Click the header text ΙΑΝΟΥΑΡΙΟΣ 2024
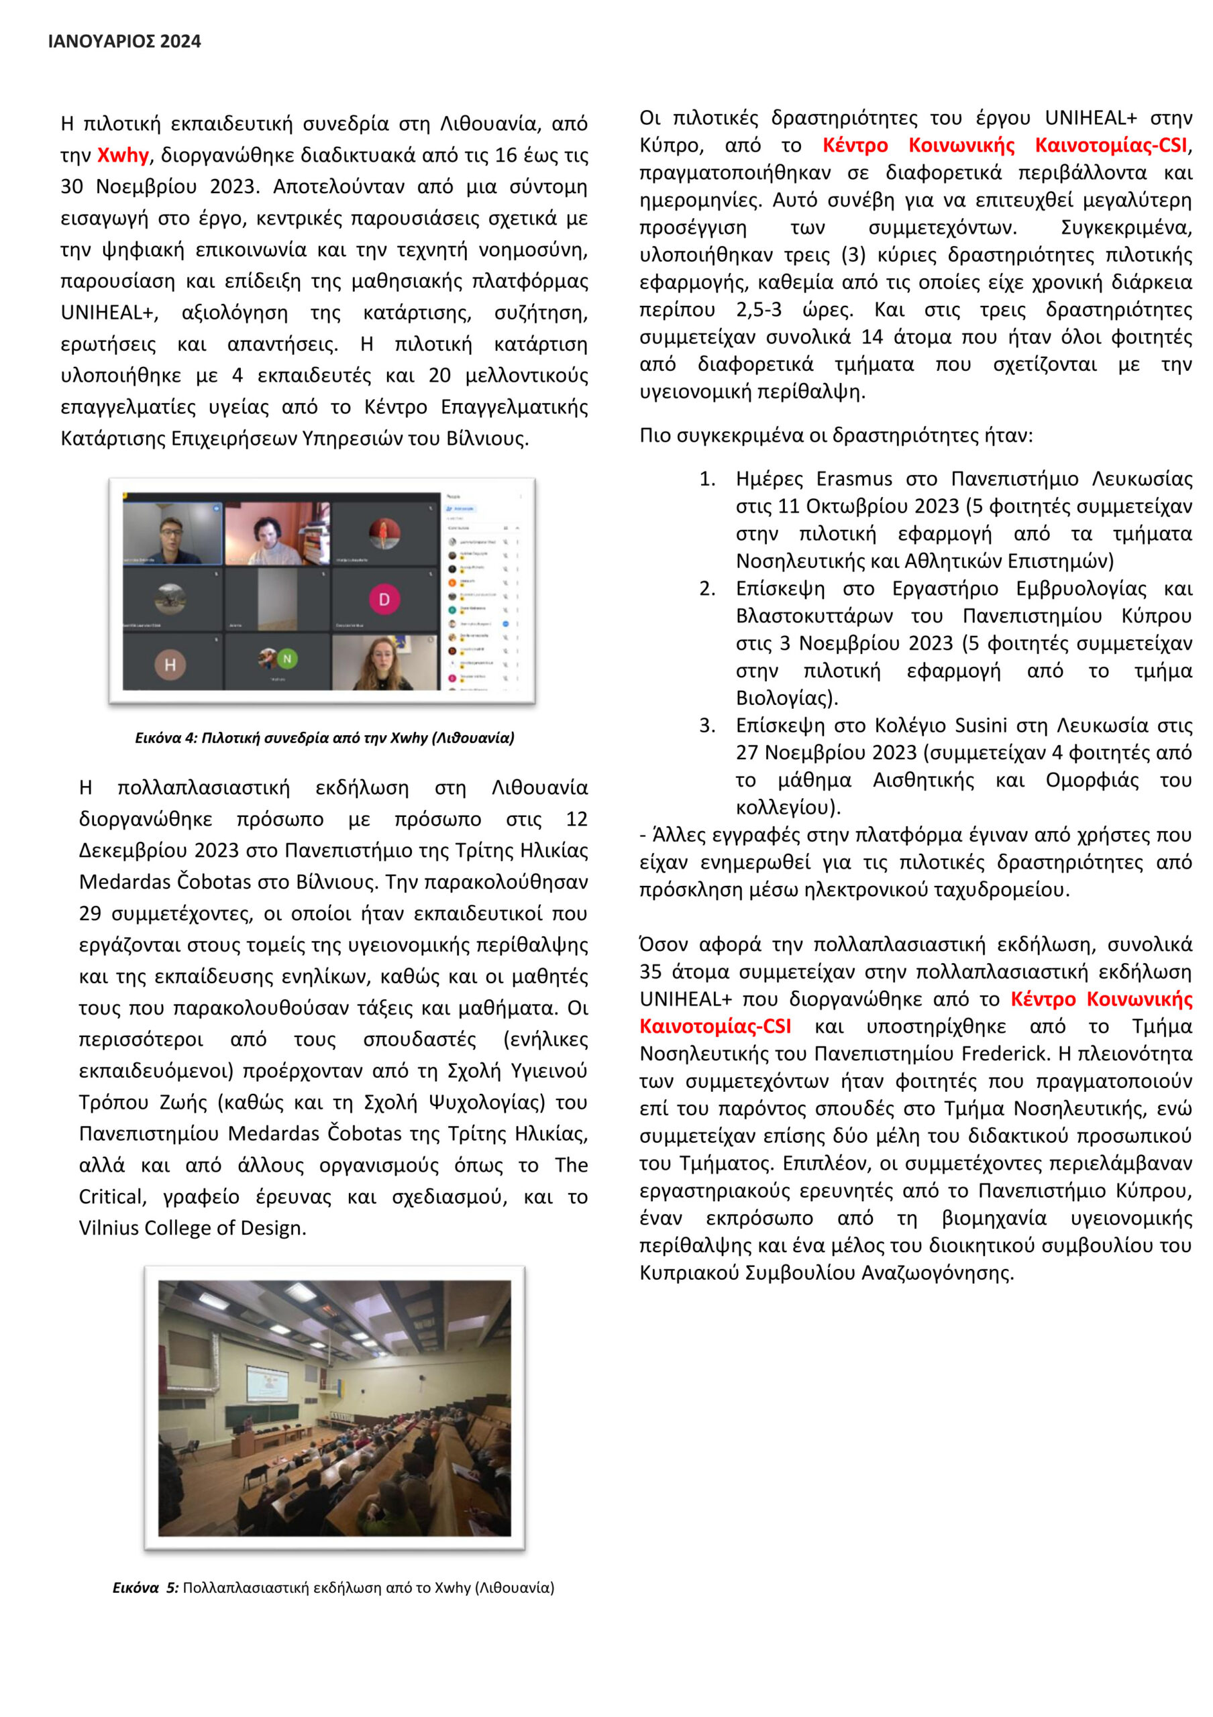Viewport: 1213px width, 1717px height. click(124, 42)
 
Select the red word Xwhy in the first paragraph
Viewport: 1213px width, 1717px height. click(123, 156)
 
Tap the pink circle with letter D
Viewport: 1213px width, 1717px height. click(384, 599)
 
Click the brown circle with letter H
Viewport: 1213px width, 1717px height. click(170, 664)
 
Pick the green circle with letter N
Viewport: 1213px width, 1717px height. click(287, 658)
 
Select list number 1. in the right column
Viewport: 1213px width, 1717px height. click(706, 479)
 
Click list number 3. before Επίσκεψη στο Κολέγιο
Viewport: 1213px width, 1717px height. click(706, 726)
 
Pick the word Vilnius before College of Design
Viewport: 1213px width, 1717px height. click(109, 1228)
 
